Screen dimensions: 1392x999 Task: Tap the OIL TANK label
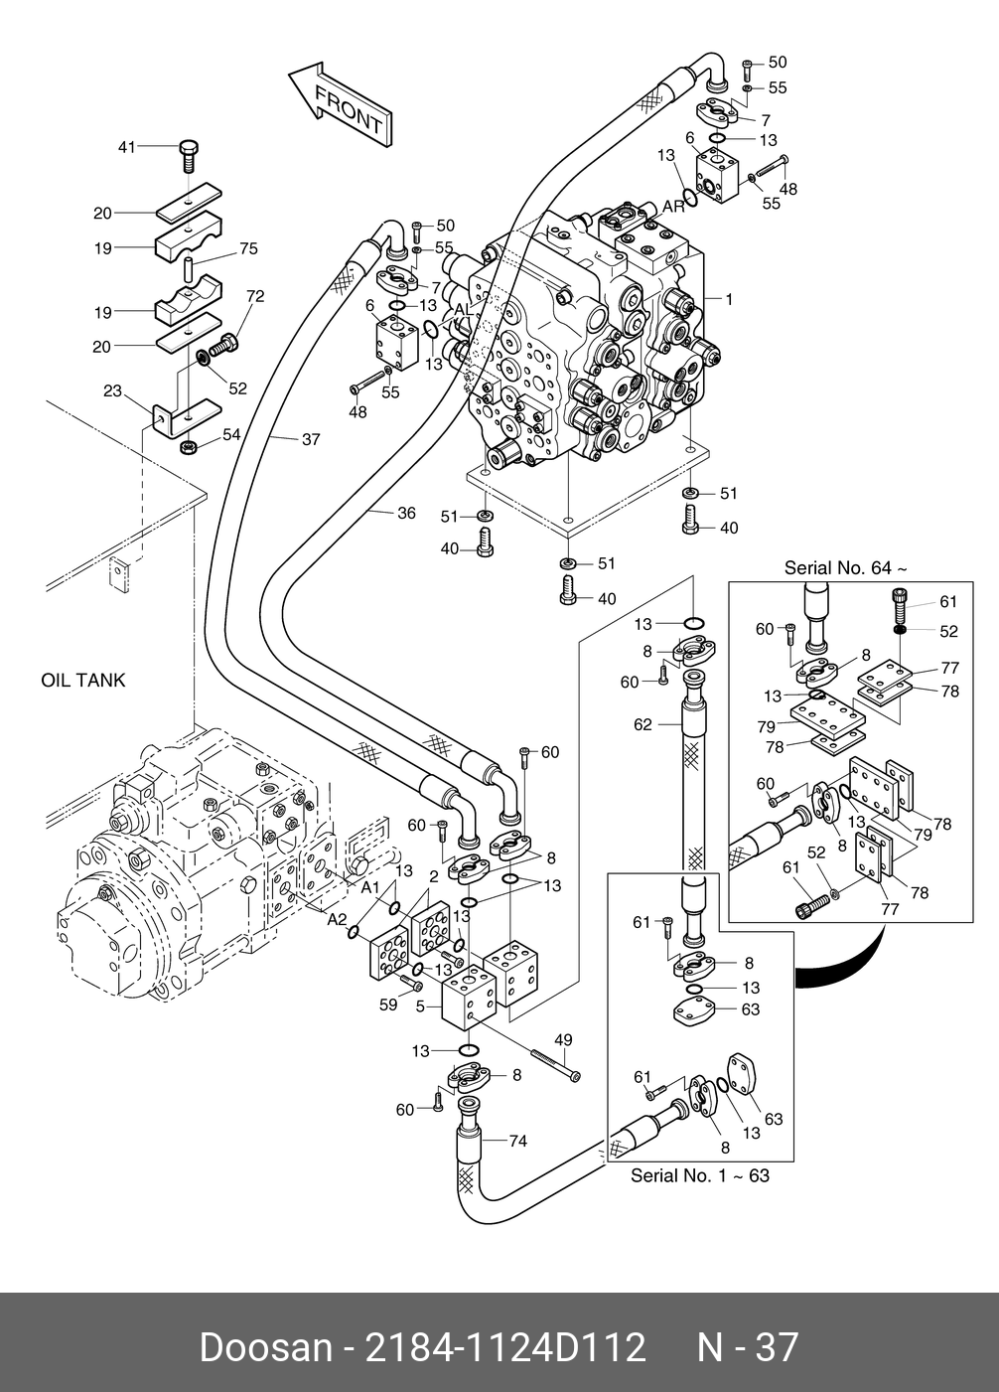pos(83,681)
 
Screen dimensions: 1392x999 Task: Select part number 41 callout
pos(126,147)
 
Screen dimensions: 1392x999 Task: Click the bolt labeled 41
pos(190,156)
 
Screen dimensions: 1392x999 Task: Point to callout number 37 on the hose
pos(311,439)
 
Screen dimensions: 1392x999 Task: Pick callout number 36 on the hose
pos(406,513)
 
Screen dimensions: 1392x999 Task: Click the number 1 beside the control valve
pos(729,298)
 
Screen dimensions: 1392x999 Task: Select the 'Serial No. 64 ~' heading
pos(845,568)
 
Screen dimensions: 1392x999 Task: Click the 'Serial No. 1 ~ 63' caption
pos(700,1175)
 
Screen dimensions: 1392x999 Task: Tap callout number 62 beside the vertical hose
pos(642,725)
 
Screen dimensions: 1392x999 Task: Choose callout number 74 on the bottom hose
pos(517,1142)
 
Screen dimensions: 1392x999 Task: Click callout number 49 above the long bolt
pos(563,1040)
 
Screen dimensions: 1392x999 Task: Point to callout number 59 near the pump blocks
pos(388,1005)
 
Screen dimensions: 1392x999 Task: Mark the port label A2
pos(338,920)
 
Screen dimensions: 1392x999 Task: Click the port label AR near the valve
pos(673,207)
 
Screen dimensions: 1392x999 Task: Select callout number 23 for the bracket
pos(112,391)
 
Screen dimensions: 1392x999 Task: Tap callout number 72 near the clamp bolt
pos(255,296)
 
